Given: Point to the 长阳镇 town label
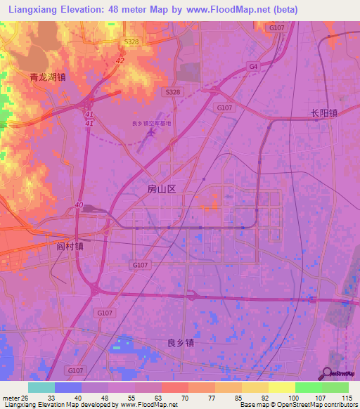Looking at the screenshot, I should tap(324, 112).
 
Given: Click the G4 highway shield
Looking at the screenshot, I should tap(253, 67).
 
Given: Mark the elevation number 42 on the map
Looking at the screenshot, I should tap(120, 61).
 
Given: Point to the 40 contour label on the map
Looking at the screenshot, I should tap(78, 205).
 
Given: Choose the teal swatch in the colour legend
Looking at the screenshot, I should tap(41, 387).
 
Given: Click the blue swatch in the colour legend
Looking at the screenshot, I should tap(68, 387).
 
